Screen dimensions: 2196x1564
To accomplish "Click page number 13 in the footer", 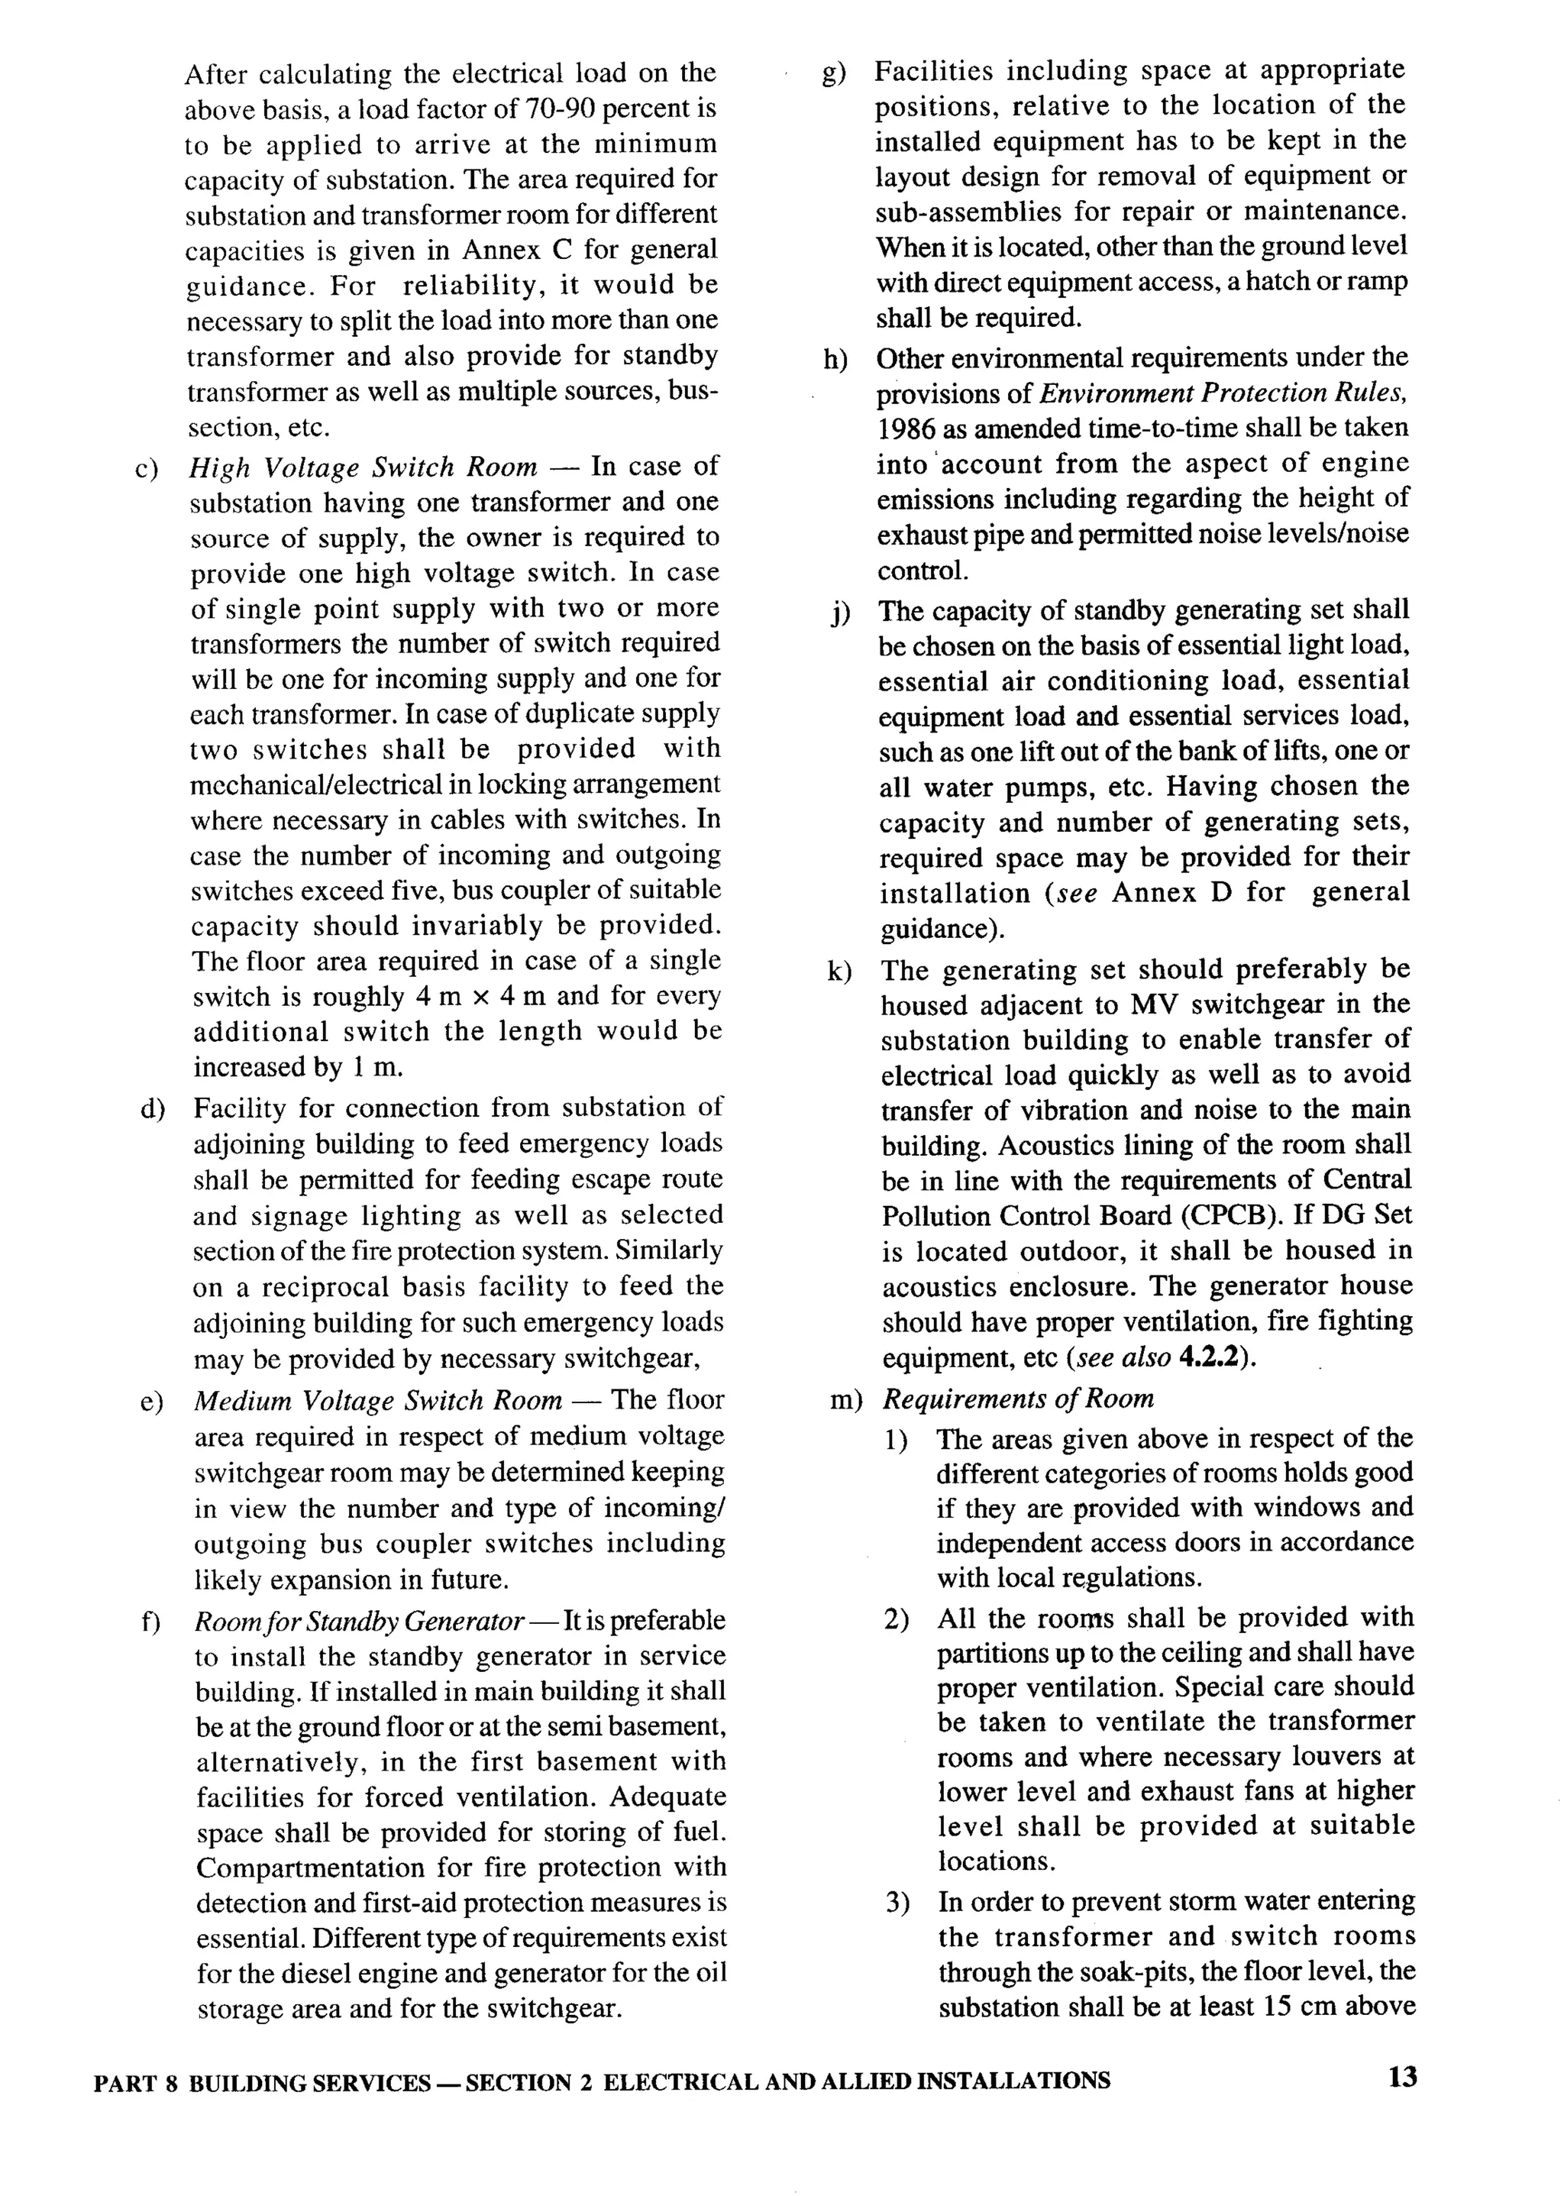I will (1403, 2078).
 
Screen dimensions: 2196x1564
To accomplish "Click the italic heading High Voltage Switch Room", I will (362, 467).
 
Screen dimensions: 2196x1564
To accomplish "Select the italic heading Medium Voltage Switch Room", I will (377, 1400).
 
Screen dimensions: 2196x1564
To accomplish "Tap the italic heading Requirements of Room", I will (1018, 1399).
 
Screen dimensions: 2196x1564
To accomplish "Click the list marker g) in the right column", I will (834, 73).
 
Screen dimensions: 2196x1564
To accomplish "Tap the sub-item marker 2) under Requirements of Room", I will (897, 1619).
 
